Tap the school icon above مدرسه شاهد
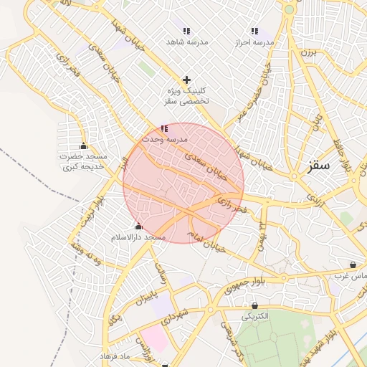pyautogui.click(x=186, y=31)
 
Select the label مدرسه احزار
pyautogui.click(x=255, y=42)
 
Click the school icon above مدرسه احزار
pyautogui.click(x=254, y=31)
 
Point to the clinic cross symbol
pyautogui.click(x=187, y=79)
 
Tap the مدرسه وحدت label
pyautogui.click(x=164, y=138)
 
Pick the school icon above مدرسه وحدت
pyautogui.click(x=164, y=128)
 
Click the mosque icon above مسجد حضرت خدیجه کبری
pyautogui.click(x=84, y=146)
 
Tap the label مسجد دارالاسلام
pyautogui.click(x=138, y=237)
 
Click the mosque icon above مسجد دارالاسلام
pyautogui.click(x=138, y=227)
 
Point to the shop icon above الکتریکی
pyautogui.click(x=254, y=306)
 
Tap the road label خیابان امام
pyautogui.click(x=205, y=242)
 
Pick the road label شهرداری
pyautogui.click(x=176, y=314)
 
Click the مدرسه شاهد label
pyautogui.click(x=186, y=42)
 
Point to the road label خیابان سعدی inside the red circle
pyautogui.click(x=206, y=164)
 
